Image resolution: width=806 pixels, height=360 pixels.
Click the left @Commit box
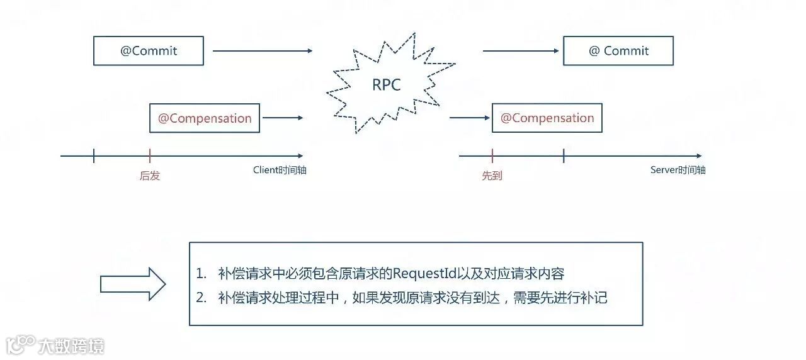149,51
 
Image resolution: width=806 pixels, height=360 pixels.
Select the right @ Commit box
618,51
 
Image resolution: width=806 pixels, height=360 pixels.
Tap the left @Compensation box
205,118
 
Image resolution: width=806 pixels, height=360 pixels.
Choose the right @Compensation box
547,118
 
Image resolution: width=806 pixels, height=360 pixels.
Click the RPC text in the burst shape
387,86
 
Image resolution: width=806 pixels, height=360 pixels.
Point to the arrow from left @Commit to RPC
263,51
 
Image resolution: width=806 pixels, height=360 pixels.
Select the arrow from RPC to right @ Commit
521,51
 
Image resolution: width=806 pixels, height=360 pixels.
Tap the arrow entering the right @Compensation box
470,118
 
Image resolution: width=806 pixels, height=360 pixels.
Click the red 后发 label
150,176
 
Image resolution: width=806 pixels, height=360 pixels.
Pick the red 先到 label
492,176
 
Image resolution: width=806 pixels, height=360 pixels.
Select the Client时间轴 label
280,170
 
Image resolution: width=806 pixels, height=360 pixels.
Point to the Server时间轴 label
678,170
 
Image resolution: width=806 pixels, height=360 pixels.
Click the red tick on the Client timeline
150,156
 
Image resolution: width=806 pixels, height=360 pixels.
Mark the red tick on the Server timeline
492,156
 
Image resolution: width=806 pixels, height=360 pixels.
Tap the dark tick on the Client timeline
94,156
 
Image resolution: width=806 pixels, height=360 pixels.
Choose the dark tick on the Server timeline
564,156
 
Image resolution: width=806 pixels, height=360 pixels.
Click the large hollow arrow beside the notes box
133,284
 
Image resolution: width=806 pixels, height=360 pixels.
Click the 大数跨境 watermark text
71,346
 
